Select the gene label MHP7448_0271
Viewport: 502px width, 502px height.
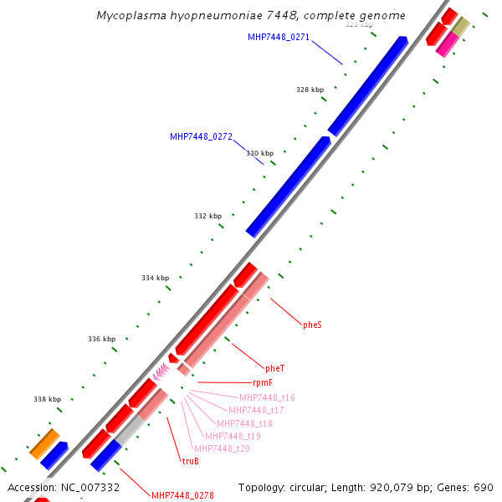pos(279,37)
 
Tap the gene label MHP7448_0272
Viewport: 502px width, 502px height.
pos(201,136)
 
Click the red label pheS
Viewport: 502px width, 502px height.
pos(312,325)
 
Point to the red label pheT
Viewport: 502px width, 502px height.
pos(274,368)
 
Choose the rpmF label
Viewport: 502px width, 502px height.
pos(263,382)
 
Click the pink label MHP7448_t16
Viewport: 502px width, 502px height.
pos(267,397)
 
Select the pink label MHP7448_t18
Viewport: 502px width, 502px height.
pos(244,423)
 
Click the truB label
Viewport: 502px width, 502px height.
pos(191,461)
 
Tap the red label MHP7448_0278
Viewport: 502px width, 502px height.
pos(182,495)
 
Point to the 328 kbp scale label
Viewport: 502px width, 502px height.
pos(310,90)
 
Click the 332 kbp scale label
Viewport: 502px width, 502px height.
pos(207,216)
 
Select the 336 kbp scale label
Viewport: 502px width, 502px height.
pos(101,339)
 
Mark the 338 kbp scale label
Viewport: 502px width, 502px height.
pos(47,400)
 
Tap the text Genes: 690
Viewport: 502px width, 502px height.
pos(464,487)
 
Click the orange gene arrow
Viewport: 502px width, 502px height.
pos(44,443)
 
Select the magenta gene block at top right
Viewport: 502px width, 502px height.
pos(447,44)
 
